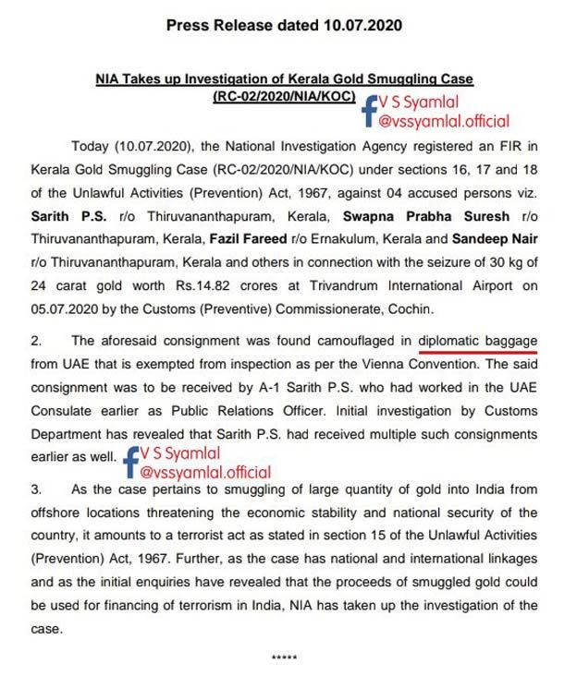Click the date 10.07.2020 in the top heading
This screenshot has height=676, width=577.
(x=359, y=25)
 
